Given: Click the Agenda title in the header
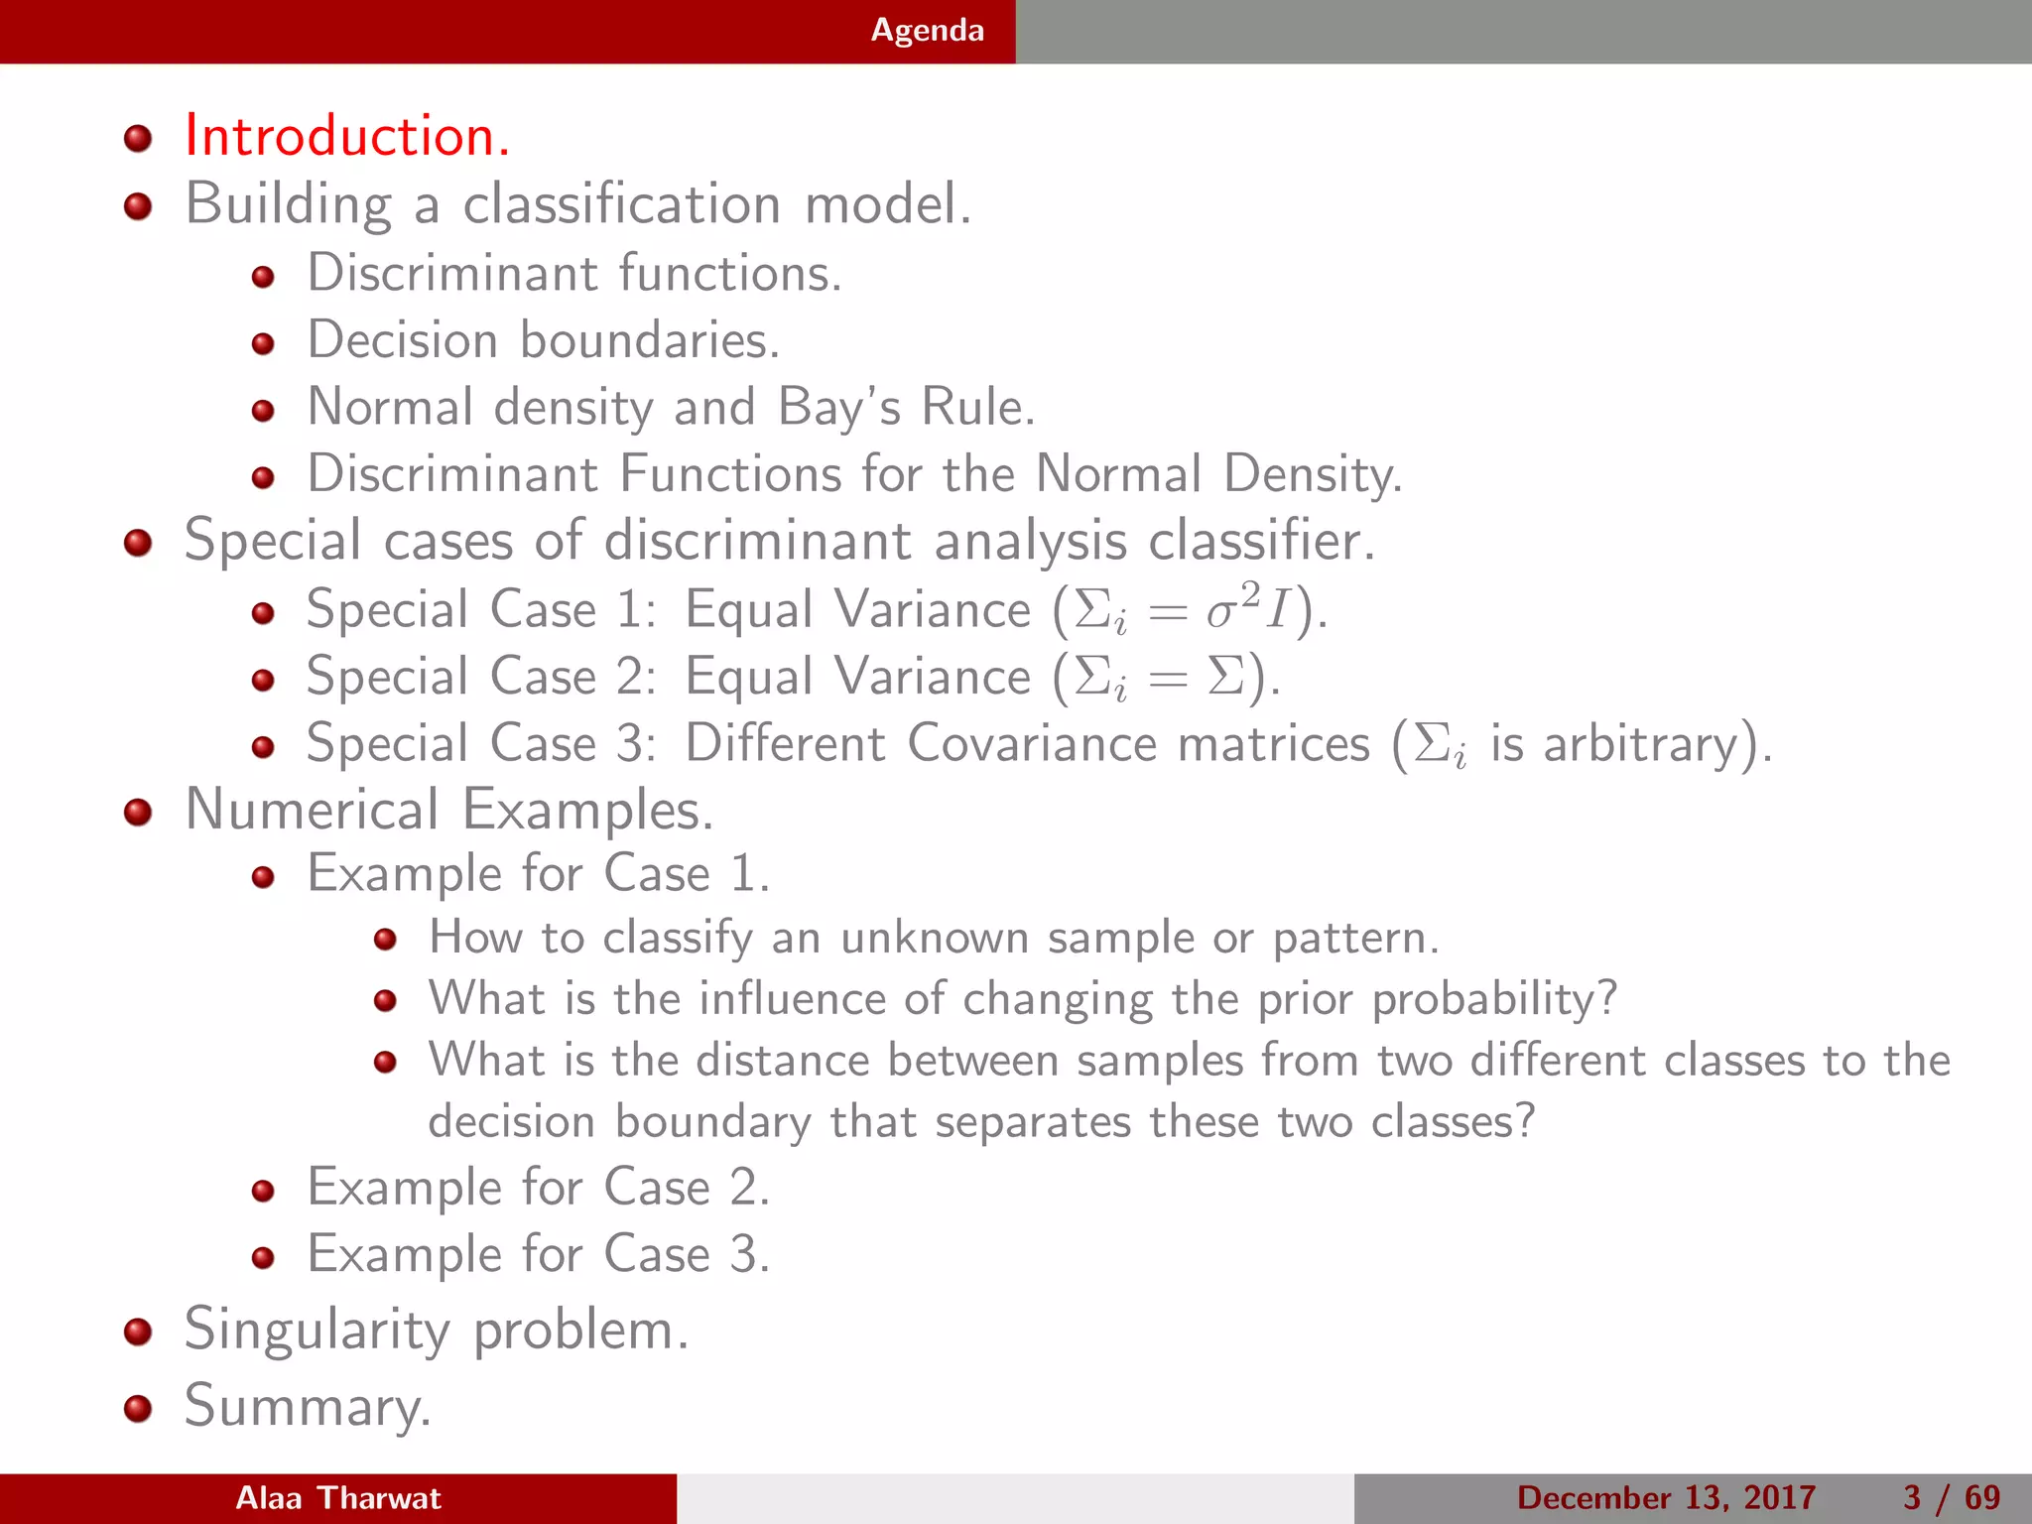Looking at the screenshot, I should pos(927,31).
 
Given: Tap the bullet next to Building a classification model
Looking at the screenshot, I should pos(138,206).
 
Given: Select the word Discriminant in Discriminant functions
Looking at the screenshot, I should pos(452,273).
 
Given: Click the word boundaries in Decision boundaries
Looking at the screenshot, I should pos(650,340).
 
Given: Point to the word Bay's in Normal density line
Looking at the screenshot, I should pos(838,408).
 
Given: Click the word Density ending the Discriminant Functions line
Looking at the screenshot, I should pos(1312,474).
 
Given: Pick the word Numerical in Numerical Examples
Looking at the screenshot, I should pos(313,810).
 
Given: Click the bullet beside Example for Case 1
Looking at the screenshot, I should pos(263,877).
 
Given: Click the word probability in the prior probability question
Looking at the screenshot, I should pos(1493,1000).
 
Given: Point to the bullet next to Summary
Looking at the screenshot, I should pos(138,1409).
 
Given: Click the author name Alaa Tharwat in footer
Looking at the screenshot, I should pos(337,1498).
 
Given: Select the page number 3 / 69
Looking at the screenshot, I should pos(1952,1498).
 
